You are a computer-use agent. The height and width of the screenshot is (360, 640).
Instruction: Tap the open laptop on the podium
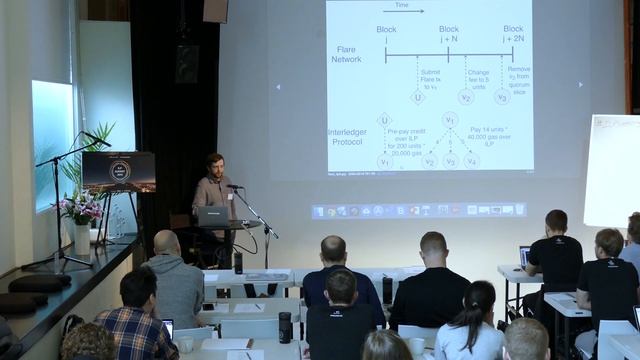click(x=212, y=215)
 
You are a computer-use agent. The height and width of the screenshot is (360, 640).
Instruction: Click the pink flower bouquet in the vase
click(x=82, y=207)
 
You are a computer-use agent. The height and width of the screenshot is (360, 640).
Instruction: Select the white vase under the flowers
click(x=82, y=238)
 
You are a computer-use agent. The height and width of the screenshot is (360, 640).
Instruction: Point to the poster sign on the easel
click(x=118, y=171)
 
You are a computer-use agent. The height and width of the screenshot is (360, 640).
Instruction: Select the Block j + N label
click(x=449, y=35)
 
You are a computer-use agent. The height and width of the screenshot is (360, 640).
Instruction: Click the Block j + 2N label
click(x=513, y=35)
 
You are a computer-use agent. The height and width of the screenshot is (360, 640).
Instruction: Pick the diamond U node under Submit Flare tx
click(x=417, y=97)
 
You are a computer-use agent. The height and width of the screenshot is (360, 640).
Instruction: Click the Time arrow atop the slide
click(x=403, y=9)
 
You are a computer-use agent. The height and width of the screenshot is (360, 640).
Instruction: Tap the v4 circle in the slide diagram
click(x=471, y=160)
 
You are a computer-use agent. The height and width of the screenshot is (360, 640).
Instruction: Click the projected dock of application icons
click(x=419, y=210)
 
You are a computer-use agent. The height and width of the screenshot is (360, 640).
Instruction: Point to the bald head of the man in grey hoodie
click(x=167, y=243)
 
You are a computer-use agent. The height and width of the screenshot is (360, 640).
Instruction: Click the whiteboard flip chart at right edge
click(x=612, y=170)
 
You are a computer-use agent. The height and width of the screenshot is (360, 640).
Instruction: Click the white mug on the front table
click(x=415, y=346)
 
